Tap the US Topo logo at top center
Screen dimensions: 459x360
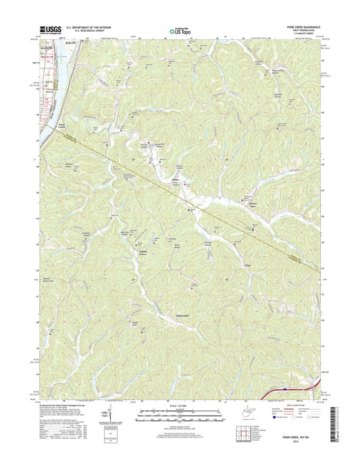(179, 30)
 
